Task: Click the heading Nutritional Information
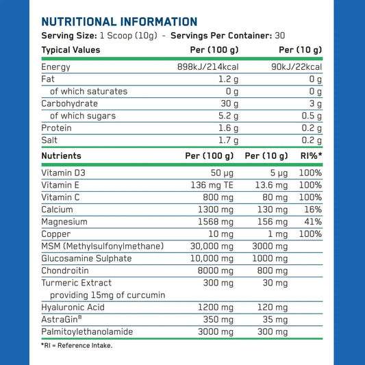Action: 119,22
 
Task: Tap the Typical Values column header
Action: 71,50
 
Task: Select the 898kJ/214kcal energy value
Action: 207,67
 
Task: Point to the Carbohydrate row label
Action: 69,103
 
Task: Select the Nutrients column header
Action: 61,156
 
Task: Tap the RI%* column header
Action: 310,156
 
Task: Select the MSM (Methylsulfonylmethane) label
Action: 102,247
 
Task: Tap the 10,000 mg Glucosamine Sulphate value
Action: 215,258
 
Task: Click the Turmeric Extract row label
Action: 76,283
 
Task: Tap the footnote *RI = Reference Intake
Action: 77,345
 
